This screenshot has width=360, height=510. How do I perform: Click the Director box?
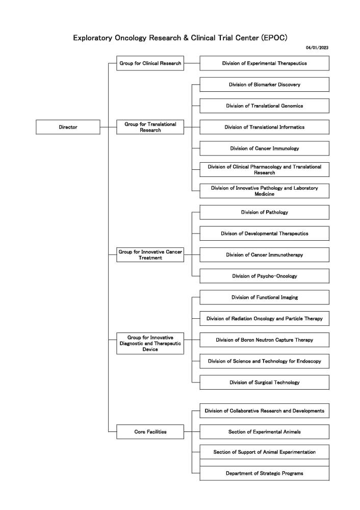click(x=68, y=127)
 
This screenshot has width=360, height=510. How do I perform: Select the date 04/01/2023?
click(x=317, y=47)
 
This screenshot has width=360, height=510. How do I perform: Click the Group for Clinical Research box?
click(x=150, y=63)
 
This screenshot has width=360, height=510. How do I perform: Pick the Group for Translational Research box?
click(x=150, y=127)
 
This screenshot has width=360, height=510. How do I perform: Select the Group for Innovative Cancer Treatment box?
click(x=150, y=255)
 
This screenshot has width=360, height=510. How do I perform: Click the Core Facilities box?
click(x=150, y=431)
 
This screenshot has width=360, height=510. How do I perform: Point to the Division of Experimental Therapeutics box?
click(x=264, y=63)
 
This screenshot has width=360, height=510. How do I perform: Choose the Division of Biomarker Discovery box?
click(x=264, y=85)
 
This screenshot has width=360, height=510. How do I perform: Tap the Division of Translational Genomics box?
click(x=264, y=106)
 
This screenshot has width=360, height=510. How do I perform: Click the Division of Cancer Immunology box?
click(x=264, y=148)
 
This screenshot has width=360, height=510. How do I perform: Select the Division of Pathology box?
click(x=264, y=212)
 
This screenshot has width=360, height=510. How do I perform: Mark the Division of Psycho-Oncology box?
click(x=264, y=276)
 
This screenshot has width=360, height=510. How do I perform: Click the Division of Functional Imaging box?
click(x=264, y=297)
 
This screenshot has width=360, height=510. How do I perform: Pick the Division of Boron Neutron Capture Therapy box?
click(x=264, y=340)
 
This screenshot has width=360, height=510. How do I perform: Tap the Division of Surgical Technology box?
click(x=264, y=382)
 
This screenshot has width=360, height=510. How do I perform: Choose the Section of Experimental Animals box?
click(x=264, y=431)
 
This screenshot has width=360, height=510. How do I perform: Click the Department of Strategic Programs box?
click(x=264, y=473)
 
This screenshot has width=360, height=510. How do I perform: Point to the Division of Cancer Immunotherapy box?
click(x=264, y=254)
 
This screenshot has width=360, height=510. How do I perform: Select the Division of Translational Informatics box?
click(x=264, y=127)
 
